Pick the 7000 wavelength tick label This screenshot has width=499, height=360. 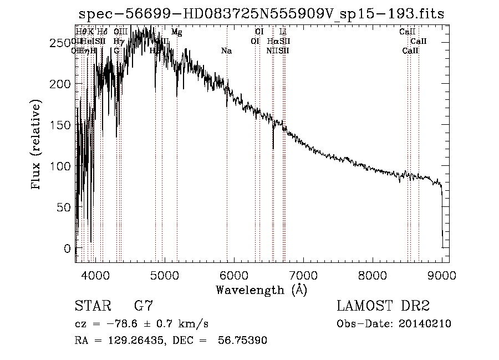[303, 275]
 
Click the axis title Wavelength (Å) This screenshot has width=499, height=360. [261, 290]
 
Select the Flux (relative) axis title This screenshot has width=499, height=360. [37, 145]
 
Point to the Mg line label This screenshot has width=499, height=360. [176, 33]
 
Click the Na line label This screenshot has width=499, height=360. [226, 51]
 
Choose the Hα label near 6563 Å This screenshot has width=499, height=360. [272, 42]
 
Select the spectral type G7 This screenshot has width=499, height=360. [143, 306]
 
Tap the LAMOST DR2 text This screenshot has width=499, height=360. [383, 306]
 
